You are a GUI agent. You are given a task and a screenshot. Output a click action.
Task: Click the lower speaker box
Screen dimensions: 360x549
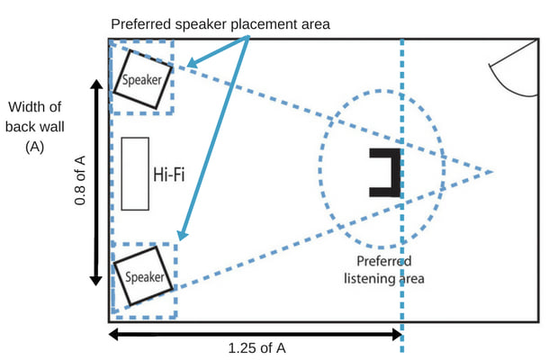[x=144, y=274]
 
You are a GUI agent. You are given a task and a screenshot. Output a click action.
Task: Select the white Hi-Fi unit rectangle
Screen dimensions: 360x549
[x=135, y=174]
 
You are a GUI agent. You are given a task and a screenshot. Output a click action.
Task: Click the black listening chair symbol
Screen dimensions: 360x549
[x=384, y=171]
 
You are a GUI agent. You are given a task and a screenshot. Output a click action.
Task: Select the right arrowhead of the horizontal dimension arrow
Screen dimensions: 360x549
[x=397, y=334]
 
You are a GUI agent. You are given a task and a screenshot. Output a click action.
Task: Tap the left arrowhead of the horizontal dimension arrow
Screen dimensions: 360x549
[x=113, y=334]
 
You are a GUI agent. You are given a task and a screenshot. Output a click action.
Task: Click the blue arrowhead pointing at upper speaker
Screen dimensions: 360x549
[x=186, y=64]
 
